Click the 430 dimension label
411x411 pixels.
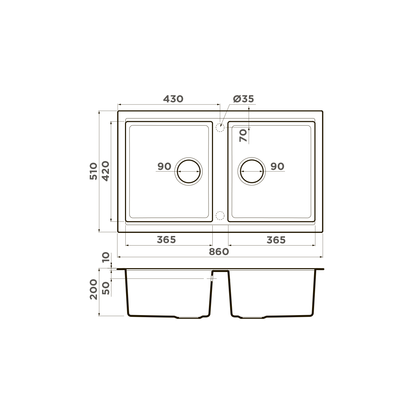click(x=173, y=99)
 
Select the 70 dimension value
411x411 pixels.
click(x=243, y=136)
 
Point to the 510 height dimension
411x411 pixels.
click(x=94, y=171)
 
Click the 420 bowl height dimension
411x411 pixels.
click(x=105, y=171)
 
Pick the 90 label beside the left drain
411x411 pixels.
click(x=164, y=166)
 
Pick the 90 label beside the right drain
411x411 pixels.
click(x=277, y=166)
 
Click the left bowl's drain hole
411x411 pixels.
click(x=188, y=171)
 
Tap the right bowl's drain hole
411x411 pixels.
click(x=252, y=171)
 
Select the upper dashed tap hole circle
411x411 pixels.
click(x=220, y=127)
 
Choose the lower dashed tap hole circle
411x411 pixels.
click(x=220, y=215)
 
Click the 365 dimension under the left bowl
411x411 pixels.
click(x=166, y=240)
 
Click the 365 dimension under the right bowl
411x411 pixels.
click(x=276, y=240)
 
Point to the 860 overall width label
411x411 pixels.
click(x=219, y=252)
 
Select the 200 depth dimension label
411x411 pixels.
click(x=94, y=289)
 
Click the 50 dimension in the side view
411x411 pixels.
click(x=106, y=288)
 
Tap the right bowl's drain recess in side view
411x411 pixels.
click(x=252, y=317)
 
